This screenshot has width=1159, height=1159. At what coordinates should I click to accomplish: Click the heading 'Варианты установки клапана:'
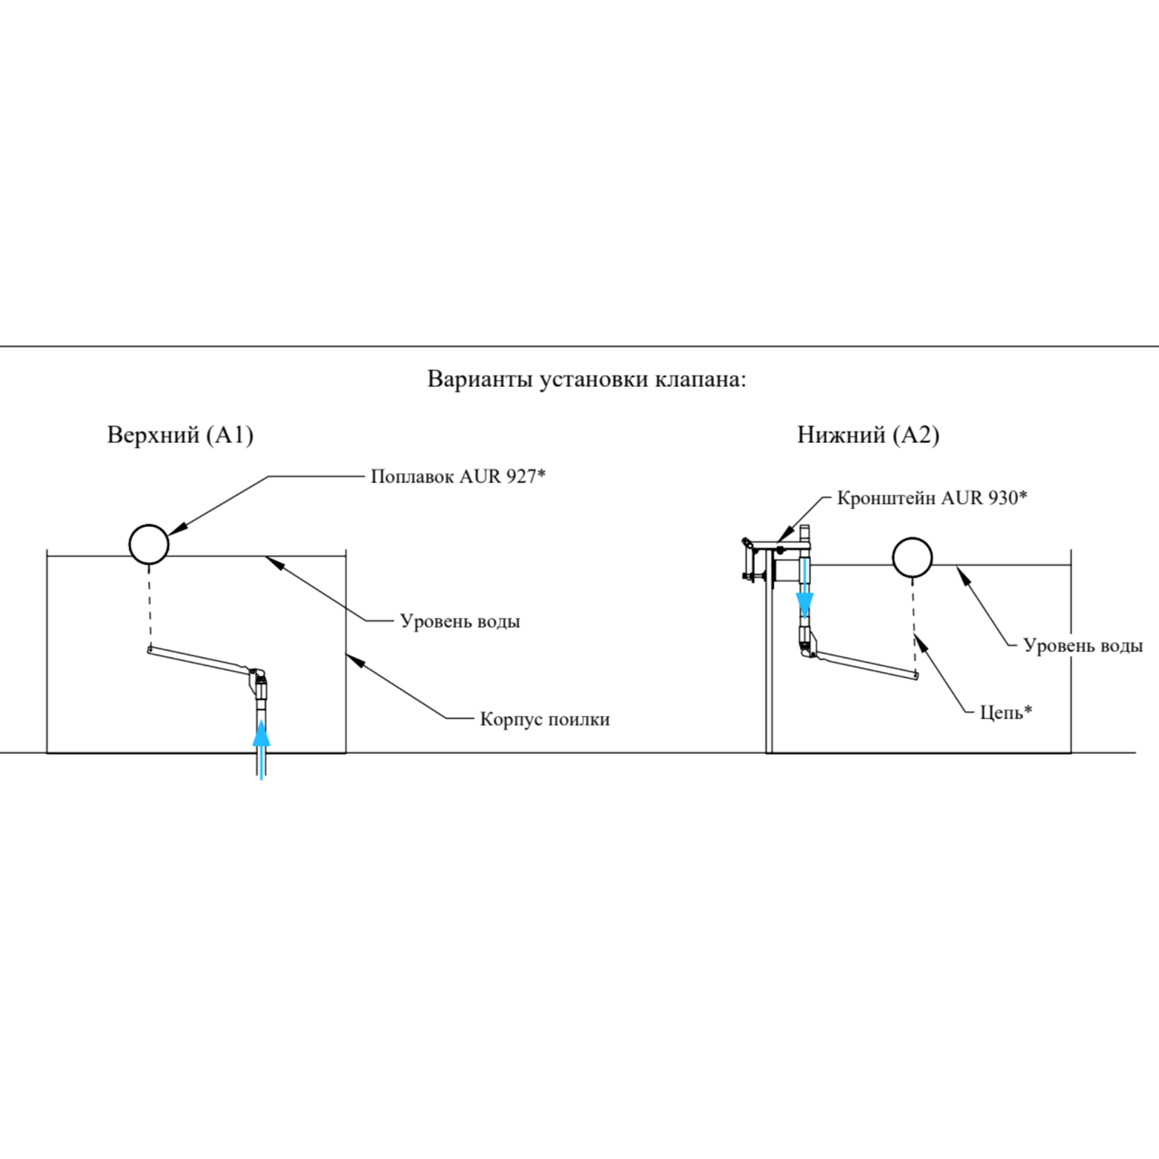click(586, 379)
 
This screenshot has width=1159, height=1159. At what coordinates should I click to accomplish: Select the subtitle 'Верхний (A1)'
click(180, 435)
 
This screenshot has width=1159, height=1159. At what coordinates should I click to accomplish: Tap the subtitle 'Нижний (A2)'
click(868, 435)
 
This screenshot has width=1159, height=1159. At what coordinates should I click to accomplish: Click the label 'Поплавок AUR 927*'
click(458, 477)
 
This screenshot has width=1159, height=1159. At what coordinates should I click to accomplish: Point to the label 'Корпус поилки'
click(544, 719)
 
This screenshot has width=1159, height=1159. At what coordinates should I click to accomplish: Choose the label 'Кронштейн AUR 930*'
click(931, 498)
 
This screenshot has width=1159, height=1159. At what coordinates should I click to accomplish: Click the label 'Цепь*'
click(1006, 711)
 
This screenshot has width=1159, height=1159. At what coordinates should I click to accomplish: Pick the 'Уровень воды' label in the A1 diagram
click(459, 621)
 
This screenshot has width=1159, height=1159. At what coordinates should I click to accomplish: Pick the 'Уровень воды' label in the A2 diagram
click(1082, 646)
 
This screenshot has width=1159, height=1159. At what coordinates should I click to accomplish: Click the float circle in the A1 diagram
click(149, 544)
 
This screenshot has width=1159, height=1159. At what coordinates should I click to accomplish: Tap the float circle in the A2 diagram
click(912, 557)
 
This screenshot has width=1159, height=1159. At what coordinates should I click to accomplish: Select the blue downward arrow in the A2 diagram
click(804, 604)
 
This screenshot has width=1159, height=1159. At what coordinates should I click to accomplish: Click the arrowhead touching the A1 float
click(176, 529)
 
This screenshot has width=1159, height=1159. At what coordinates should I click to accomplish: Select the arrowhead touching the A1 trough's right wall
click(353, 658)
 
